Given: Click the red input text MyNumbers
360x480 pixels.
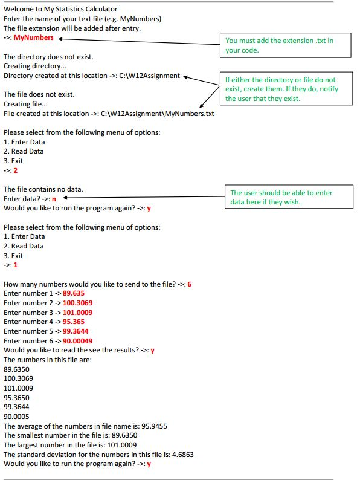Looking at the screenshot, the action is pyautogui.click(x=33, y=37).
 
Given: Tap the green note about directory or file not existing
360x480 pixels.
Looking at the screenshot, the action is pyautogui.click(x=280, y=89).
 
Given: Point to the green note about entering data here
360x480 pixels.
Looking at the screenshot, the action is pyautogui.click(x=281, y=197).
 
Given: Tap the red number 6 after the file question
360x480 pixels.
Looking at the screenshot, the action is pyautogui.click(x=190, y=284).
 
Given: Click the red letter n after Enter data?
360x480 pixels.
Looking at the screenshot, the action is pyautogui.click(x=54, y=199).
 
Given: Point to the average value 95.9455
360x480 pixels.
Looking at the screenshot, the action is pyautogui.click(x=154, y=426).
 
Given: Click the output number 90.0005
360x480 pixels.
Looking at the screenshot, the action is pyautogui.click(x=16, y=417).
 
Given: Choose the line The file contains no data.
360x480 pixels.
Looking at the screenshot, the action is pyautogui.click(x=43, y=189).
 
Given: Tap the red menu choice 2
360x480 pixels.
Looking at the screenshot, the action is pyautogui.click(x=15, y=170).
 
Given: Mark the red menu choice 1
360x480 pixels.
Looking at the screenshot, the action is pyautogui.click(x=15, y=265).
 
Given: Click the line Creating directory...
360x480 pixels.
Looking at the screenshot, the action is pyautogui.click(x=35, y=66).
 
